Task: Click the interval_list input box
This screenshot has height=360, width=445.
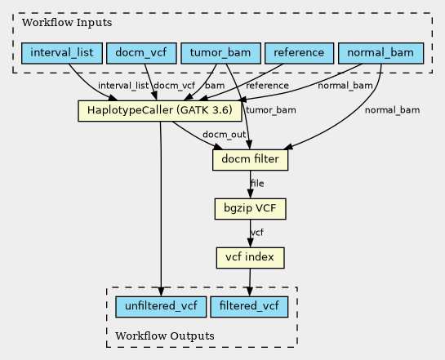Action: (62, 53)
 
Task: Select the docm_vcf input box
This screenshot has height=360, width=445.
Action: (141, 53)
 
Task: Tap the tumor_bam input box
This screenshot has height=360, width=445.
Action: (220, 53)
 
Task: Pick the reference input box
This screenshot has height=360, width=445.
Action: (299, 53)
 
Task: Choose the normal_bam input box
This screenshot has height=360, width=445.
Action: (380, 53)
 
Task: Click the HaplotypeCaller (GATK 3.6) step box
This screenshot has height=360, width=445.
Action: (160, 111)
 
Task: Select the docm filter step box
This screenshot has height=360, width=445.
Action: (250, 160)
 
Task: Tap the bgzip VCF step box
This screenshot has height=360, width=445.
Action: (250, 209)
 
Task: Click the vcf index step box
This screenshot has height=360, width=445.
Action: (250, 258)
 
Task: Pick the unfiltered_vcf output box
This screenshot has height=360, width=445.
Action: (161, 307)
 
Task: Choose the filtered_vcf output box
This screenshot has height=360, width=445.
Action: (249, 307)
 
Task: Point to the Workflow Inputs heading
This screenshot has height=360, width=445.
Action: (67, 22)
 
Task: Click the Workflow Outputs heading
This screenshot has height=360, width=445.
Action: (165, 336)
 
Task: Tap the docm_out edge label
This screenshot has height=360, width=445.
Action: (224, 135)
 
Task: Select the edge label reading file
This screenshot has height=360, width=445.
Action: (257, 183)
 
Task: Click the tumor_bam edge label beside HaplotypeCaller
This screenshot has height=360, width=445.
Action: (271, 110)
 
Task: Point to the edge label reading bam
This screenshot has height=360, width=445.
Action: (215, 86)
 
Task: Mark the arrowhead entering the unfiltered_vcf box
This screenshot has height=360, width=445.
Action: (161, 292)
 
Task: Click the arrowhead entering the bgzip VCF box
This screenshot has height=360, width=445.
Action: (250, 194)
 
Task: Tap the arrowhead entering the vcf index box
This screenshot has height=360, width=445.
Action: (250, 243)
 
